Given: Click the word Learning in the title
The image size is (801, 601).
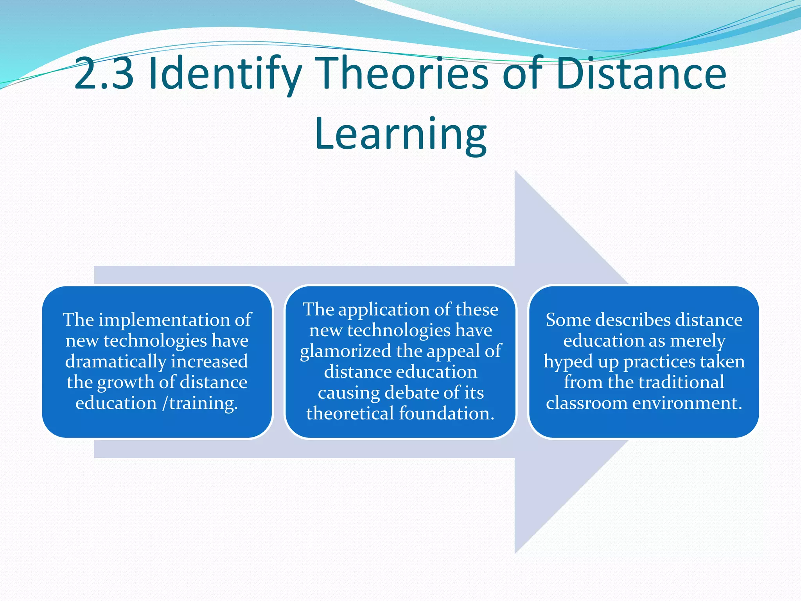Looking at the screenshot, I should coord(400,134).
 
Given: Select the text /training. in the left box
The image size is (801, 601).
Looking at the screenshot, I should coord(200,403).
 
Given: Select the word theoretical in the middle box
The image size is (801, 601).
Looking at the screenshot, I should coord(350,414).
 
